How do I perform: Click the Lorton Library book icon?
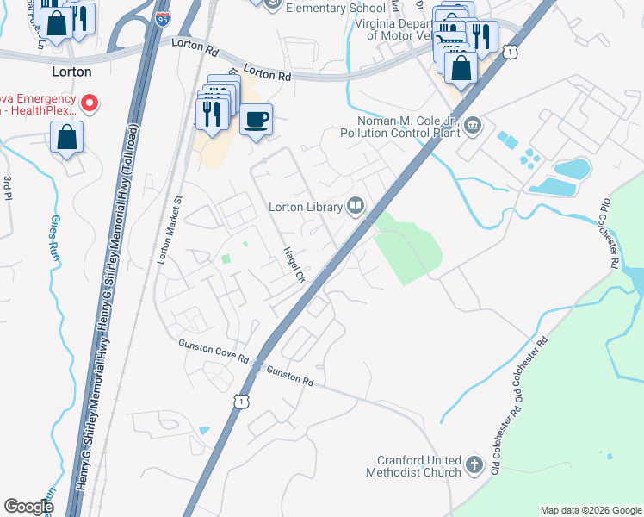pyautogui.click(x=355, y=205)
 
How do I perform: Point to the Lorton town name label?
pyautogui.click(x=71, y=72)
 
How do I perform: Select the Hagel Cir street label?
pyautogui.click(x=295, y=265)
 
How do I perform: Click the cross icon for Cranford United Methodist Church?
pyautogui.click(x=474, y=466)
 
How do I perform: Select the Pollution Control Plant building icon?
pyautogui.click(x=473, y=128)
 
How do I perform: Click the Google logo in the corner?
pyautogui.click(x=28, y=507)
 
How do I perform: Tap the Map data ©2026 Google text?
pyautogui.click(x=590, y=510)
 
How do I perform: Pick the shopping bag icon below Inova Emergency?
pyautogui.click(x=66, y=137)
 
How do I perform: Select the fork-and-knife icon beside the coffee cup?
pyautogui.click(x=212, y=112)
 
